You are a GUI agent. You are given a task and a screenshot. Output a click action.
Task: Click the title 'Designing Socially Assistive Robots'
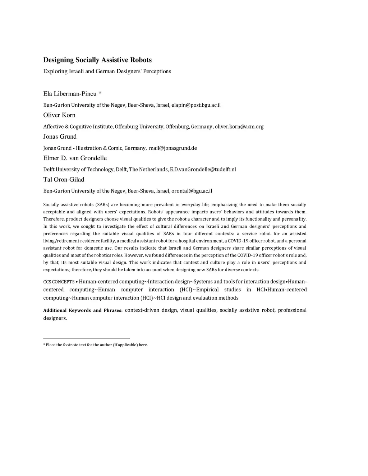pos(97,60)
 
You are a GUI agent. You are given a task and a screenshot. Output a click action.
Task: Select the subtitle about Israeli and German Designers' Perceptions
pos(107,71)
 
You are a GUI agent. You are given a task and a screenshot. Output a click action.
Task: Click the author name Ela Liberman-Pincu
pos(70,94)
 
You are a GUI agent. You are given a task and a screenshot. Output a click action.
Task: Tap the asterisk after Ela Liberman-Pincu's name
pos(100,94)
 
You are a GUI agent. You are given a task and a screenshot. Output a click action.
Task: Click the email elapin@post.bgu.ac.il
pos(196,105)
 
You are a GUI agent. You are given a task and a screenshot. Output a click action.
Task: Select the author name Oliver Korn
pos(59,115)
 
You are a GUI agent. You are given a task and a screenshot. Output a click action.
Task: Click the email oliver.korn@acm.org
pos(239,126)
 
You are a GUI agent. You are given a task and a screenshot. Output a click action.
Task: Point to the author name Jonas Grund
pos(60,137)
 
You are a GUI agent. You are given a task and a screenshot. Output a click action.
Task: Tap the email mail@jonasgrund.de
pos(173,148)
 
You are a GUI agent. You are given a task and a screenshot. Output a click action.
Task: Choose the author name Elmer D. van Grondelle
pos(75,158)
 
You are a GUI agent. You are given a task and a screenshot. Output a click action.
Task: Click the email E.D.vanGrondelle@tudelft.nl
pos(203,169)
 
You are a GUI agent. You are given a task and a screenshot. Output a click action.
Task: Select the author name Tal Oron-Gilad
pos(64,180)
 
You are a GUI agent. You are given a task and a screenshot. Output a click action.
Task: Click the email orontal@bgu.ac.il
pos(192,191)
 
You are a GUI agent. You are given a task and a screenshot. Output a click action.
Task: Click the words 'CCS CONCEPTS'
pos(59,282)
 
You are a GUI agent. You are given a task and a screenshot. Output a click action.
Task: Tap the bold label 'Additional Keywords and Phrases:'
pos(83,310)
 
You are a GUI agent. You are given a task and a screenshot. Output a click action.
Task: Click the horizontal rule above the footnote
pos(86,338)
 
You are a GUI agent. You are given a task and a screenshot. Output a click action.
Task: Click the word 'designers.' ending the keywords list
pos(55,318)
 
